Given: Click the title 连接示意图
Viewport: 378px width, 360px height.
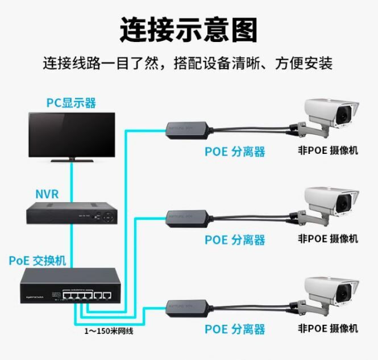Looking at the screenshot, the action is tap(189, 29).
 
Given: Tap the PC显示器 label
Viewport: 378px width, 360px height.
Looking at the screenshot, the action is tap(71, 103).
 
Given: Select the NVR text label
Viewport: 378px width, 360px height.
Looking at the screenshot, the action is tap(47, 194).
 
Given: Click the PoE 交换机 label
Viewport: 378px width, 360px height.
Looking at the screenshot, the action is tap(38, 261).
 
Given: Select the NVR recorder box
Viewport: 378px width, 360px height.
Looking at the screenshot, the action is tap(72, 214).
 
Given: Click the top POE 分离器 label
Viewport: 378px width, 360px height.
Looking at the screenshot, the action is tap(235, 152).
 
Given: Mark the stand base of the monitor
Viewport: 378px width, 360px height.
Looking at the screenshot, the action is tap(72, 160).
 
